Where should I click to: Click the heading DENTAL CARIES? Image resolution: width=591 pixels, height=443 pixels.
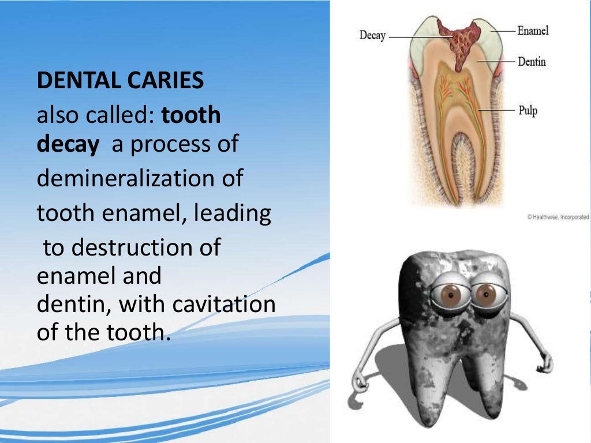click(x=120, y=81)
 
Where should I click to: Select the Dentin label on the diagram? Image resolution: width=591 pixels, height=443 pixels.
click(x=531, y=61)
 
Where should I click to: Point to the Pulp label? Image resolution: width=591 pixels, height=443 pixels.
click(x=527, y=110)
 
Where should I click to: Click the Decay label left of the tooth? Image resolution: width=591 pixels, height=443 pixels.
click(x=372, y=35)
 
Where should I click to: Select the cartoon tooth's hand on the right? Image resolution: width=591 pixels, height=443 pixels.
click(x=544, y=363)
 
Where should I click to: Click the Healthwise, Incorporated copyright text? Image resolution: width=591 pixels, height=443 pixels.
click(x=558, y=217)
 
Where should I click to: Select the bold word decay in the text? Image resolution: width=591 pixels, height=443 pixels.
click(x=68, y=144)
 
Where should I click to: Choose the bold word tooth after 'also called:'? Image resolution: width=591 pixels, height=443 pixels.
click(x=191, y=115)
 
